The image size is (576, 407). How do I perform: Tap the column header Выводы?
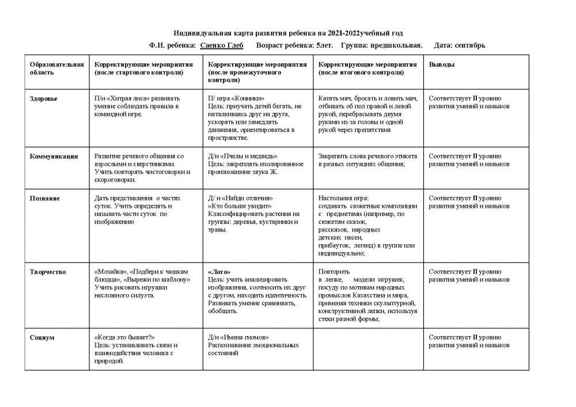click(x=442, y=65)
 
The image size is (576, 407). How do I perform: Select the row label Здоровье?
click(x=44, y=98)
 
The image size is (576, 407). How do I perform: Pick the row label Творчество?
click(x=48, y=271)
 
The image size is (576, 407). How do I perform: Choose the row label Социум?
click(x=42, y=337)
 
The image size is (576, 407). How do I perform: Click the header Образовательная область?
click(x=56, y=69)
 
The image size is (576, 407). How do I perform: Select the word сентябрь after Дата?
click(x=469, y=45)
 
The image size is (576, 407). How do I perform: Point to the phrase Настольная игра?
click(x=343, y=198)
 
